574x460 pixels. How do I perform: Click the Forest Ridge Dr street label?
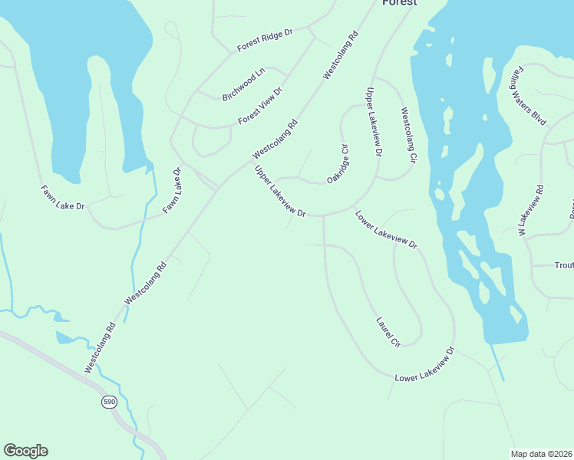tap(266, 41)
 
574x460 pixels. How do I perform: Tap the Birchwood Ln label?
tap(242, 84)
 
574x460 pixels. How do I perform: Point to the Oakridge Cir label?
tap(338, 163)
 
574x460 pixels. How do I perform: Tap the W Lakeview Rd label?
tap(530, 210)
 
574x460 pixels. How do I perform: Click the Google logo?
tap(25, 451)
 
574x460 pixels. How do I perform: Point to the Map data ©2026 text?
tap(542, 453)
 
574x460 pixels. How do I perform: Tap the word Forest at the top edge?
tap(400, 3)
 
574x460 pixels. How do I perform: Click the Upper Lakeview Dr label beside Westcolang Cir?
tap(373, 123)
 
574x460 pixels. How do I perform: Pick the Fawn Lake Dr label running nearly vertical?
tap(172, 191)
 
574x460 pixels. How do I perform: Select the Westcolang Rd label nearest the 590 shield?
tap(100, 348)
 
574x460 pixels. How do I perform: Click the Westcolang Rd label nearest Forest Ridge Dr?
tap(341, 56)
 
